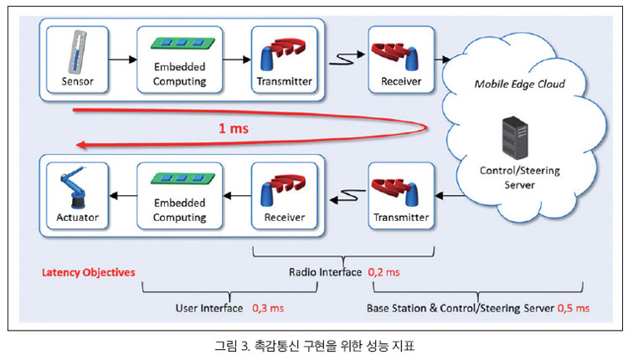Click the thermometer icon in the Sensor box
pyautogui.click(x=77, y=52)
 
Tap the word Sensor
pyautogui.click(x=77, y=81)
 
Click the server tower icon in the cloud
pyautogui.click(x=515, y=138)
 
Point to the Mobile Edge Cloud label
pyautogui.click(x=519, y=84)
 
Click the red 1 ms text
pyautogui.click(x=234, y=129)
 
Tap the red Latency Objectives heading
pyautogui.click(x=89, y=272)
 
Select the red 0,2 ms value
pyautogui.click(x=383, y=272)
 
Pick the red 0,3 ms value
pyautogui.click(x=268, y=308)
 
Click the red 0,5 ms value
pyautogui.click(x=573, y=308)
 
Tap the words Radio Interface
pyautogui.click(x=325, y=272)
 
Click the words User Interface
pyautogui.click(x=209, y=308)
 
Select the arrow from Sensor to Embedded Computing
pyautogui.click(x=122, y=59)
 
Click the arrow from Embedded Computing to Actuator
pyautogui.click(x=123, y=196)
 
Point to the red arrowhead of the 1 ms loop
pyautogui.click(x=81, y=145)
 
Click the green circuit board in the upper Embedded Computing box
pyautogui.click(x=183, y=43)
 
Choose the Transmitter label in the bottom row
pyautogui.click(x=401, y=218)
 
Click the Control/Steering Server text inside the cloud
pyautogui.click(x=519, y=177)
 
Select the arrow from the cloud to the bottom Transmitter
pyautogui.click(x=450, y=196)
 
